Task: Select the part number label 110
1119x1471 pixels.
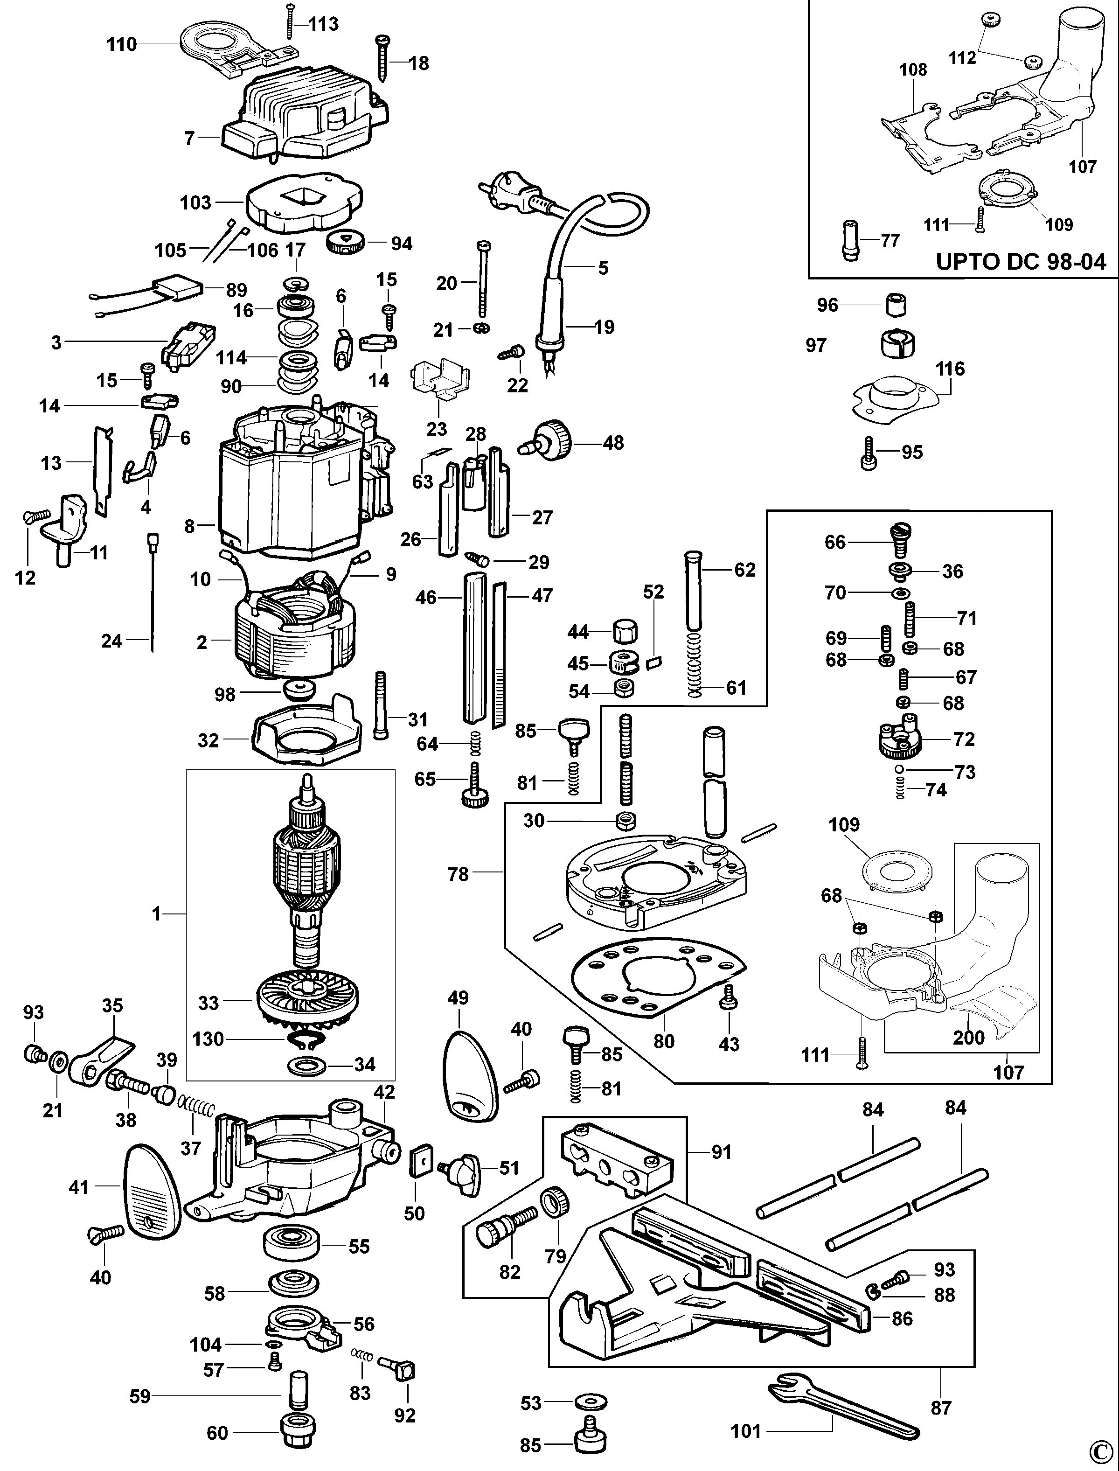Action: (122, 45)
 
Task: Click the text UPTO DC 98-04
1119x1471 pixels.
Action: (1021, 261)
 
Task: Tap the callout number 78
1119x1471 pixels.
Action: (458, 874)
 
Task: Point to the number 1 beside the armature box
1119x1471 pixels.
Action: (157, 914)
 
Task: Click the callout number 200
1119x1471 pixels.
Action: (968, 1037)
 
